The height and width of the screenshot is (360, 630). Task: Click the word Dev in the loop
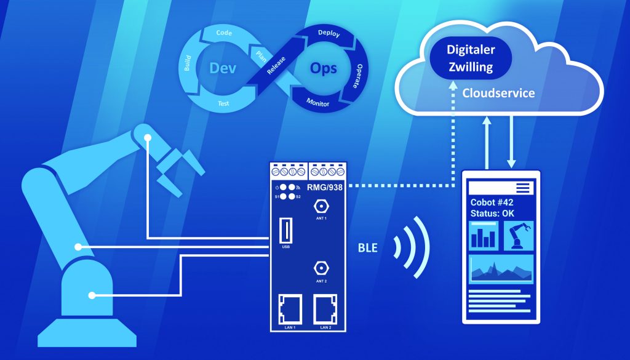coord(223,69)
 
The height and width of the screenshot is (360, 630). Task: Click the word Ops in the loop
coord(323,68)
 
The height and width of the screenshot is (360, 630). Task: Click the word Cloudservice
coord(499,94)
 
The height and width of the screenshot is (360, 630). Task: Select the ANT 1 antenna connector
coord(321,207)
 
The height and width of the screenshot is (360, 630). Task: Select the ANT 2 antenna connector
coord(321,268)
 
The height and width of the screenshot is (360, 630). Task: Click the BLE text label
coord(368,249)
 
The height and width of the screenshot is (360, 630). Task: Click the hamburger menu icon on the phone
coord(523,188)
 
